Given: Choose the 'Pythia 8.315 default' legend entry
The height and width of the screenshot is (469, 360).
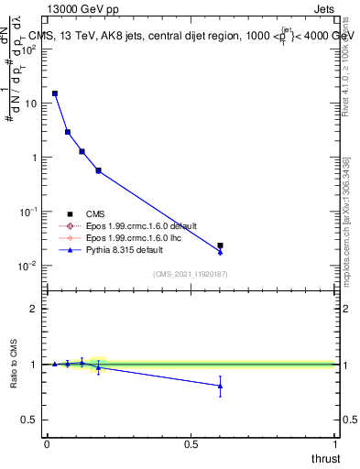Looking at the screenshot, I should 110,249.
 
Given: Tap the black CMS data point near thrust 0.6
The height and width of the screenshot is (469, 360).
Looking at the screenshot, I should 220,245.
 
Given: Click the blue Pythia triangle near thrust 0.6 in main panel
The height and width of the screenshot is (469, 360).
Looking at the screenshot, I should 220,252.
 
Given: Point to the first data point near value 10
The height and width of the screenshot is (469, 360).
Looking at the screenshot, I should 55,93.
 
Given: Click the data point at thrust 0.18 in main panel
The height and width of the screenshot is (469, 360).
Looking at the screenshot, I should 98,170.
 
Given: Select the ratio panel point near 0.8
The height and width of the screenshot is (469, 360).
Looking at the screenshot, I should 220,386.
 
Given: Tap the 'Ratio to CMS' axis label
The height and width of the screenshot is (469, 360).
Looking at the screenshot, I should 15,364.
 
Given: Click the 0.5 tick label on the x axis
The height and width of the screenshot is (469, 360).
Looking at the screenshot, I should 191,444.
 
